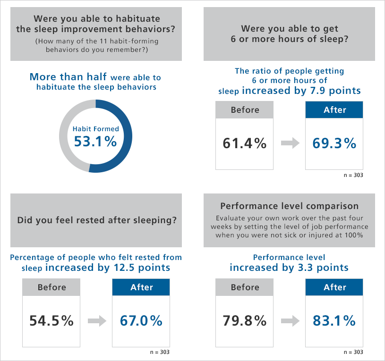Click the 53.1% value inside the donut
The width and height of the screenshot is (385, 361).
coord(95,142)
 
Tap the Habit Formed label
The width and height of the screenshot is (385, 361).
coord(95,128)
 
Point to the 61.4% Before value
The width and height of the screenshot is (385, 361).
coord(245,143)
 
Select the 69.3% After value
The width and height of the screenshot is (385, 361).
coord(334,143)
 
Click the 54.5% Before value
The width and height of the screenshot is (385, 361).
coord(51,321)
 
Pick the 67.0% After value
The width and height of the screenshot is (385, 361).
coord(141,321)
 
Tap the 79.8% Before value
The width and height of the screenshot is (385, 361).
coord(245,321)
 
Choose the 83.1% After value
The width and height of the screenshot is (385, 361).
coord(334,321)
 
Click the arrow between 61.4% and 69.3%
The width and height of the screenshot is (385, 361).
coord(290,143)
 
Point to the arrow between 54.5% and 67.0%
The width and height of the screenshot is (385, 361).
coord(97,321)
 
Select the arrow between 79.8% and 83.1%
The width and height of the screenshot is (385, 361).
coord(290,321)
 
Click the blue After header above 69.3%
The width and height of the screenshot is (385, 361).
coord(334,110)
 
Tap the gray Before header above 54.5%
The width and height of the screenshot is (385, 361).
coord(51,287)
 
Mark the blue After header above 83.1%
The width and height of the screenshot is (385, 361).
coord(334,287)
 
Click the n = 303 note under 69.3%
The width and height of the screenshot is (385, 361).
coord(353,175)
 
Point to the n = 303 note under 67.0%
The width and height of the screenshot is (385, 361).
coord(160,353)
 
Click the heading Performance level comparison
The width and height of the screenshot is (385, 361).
coord(290,206)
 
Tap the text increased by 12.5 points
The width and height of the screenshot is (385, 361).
coord(108,268)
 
